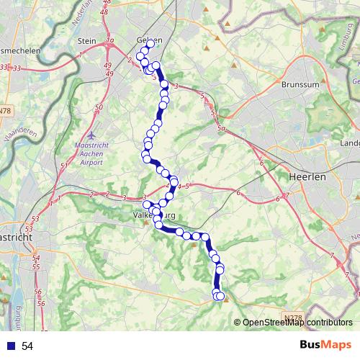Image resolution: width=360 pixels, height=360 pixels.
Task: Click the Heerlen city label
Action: click(x=307, y=176)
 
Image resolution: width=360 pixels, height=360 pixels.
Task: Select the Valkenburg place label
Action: click(x=155, y=215)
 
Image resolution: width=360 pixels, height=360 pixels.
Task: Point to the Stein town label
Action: click(x=87, y=42)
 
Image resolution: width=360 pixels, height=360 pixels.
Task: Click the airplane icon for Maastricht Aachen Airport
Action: click(x=90, y=135)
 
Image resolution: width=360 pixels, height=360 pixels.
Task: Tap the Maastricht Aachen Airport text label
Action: click(x=89, y=153)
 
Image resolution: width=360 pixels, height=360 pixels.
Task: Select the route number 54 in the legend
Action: click(x=27, y=346)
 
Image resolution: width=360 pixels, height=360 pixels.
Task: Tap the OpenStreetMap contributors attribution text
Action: click(x=298, y=323)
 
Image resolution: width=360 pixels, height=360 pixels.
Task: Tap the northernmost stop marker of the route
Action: click(x=150, y=45)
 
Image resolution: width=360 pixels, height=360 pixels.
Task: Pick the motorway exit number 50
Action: click(x=98, y=108)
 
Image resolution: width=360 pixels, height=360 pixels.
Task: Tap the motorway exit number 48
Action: click(x=105, y=12)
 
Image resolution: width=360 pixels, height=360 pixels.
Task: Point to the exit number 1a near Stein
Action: click(x=109, y=42)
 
